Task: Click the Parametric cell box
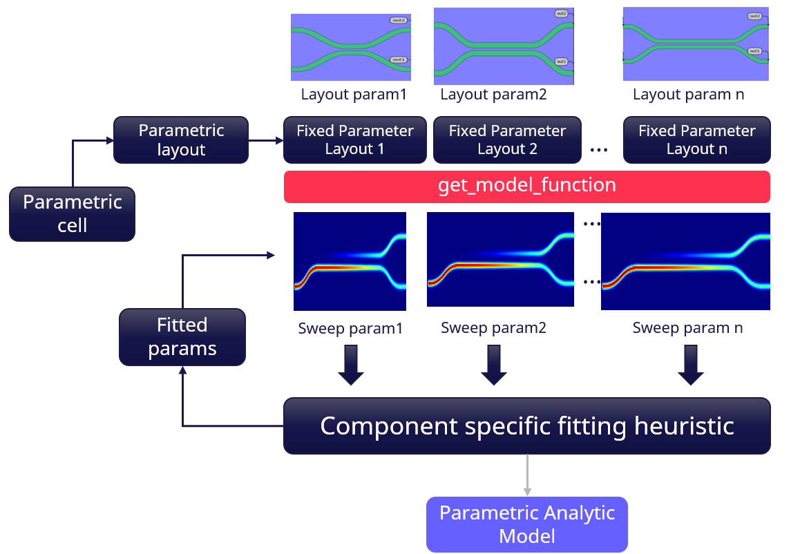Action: tap(72, 213)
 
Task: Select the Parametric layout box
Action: tap(181, 140)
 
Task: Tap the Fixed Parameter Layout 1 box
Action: tap(354, 140)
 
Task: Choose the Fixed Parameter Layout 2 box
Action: tap(507, 140)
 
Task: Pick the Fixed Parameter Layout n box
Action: tap(696, 140)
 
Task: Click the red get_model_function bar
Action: tap(526, 186)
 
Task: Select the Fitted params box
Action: tap(182, 336)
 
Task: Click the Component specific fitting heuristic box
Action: tap(526, 426)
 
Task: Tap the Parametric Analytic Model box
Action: tap(526, 524)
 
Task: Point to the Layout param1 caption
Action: tap(354, 95)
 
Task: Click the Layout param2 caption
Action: tap(493, 95)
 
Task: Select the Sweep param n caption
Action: tap(687, 328)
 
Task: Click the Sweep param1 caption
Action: tap(350, 328)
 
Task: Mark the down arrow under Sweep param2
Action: tap(493, 365)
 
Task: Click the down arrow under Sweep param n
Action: tap(690, 365)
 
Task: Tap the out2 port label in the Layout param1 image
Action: tap(398, 21)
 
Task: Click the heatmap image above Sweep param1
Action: tap(350, 261)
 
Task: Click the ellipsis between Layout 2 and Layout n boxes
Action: tap(599, 149)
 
